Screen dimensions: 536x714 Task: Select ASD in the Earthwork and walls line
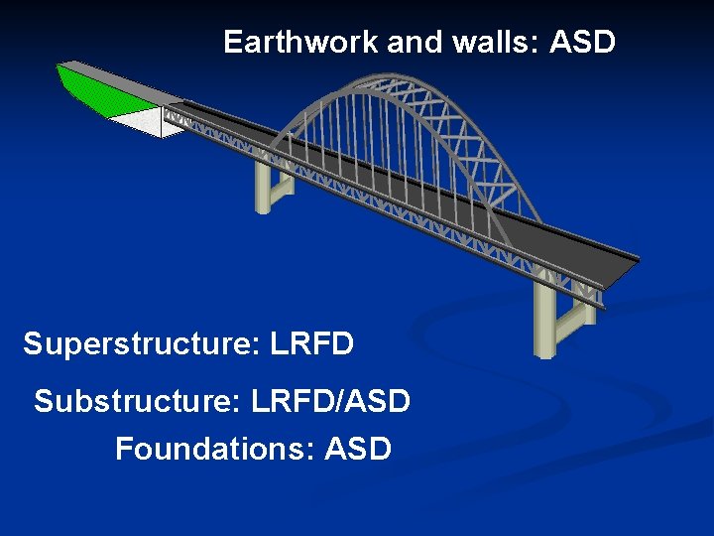pos(582,43)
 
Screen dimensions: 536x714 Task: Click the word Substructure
pos(138,402)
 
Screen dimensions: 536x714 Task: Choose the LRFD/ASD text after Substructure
pos(330,402)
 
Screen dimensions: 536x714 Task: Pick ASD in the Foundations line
pos(358,450)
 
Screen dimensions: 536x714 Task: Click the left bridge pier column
pos(264,188)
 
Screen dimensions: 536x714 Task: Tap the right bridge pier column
pos(544,318)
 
